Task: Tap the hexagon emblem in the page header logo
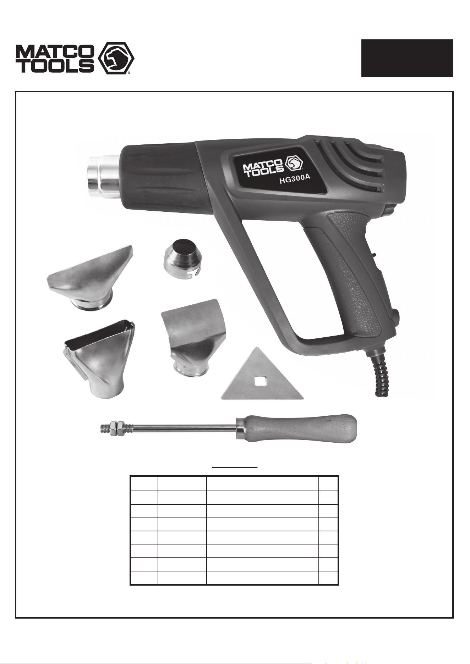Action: point(115,58)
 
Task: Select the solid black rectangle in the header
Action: point(407,58)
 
